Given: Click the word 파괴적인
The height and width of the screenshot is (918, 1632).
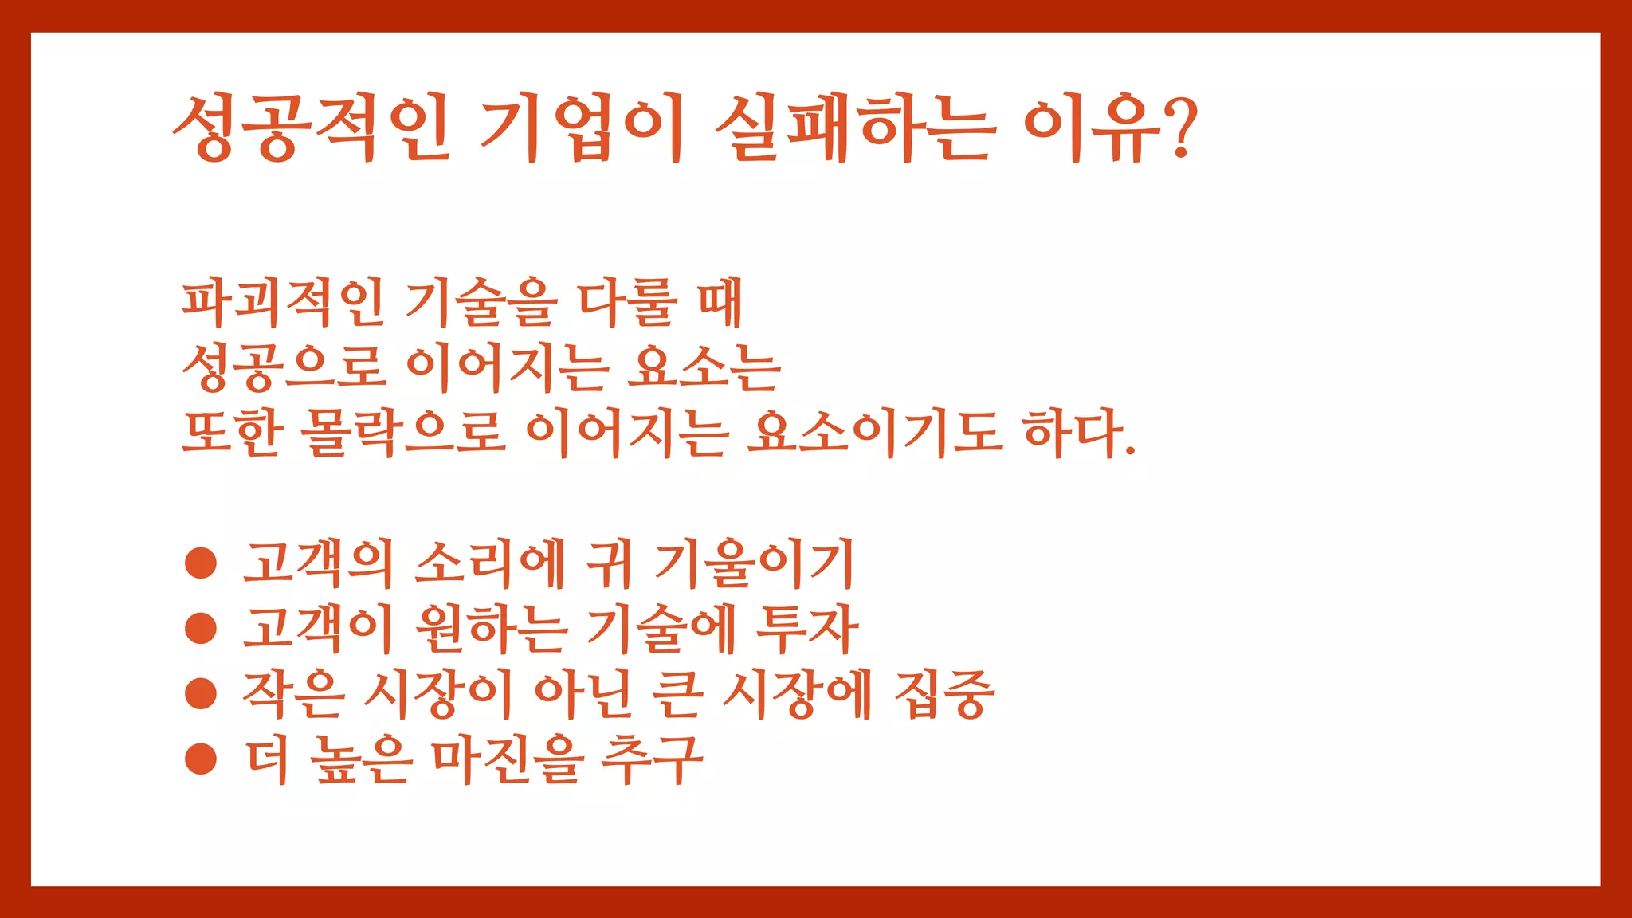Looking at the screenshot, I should [284, 303].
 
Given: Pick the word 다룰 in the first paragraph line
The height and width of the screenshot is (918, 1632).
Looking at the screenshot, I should [628, 303].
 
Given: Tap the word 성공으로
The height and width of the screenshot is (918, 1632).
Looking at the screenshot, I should [284, 368].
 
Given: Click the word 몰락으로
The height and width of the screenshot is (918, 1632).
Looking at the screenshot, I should [403, 433].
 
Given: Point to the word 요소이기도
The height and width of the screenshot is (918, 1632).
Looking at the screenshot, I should [874, 433].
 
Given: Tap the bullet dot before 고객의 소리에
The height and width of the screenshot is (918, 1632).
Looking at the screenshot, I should [201, 563].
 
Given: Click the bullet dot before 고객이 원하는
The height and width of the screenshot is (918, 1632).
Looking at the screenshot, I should [201, 628].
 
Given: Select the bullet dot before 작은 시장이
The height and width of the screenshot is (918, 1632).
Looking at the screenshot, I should [201, 692].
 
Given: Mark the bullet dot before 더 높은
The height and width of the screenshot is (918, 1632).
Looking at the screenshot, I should [201, 759].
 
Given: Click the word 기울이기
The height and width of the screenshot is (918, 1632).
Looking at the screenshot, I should [754, 563].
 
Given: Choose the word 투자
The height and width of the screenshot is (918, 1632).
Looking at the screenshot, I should [806, 628].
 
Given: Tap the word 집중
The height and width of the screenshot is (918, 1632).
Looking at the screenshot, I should [944, 693].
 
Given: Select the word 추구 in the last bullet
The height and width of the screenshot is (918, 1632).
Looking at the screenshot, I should [652, 759].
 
